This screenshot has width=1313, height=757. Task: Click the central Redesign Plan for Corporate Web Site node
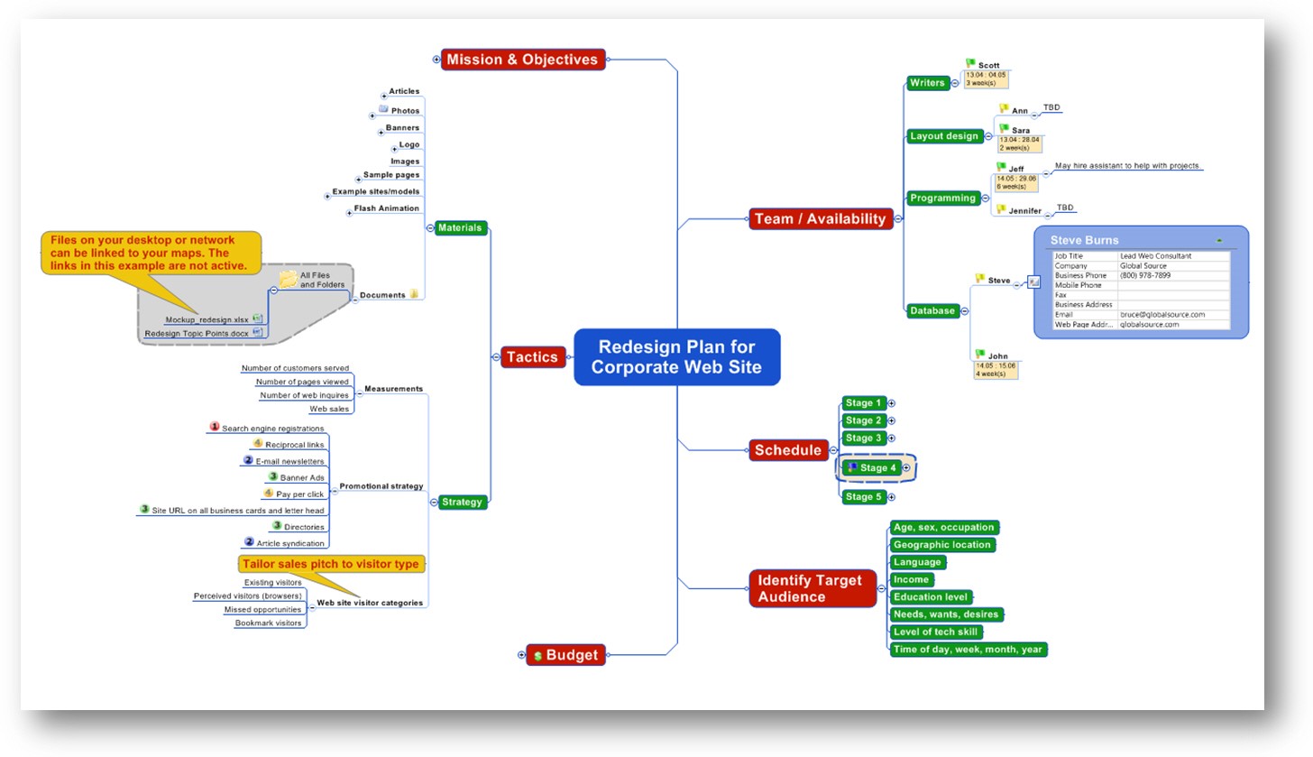[x=676, y=357]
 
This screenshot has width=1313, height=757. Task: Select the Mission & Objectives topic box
[x=523, y=60]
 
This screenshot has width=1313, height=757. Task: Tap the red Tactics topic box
[x=532, y=357]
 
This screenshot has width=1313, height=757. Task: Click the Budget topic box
[x=565, y=655]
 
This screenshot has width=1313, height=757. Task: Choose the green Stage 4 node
[x=873, y=468]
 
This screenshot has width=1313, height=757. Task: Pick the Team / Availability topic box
[x=821, y=218]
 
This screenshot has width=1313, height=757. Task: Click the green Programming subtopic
[x=942, y=198]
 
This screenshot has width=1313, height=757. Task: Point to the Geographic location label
[x=941, y=545]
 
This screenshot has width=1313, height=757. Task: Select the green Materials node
[x=460, y=228]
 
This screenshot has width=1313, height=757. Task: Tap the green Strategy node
[x=463, y=503]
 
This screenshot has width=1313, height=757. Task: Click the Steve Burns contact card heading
[x=1084, y=241]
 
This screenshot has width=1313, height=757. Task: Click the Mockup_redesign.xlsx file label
[x=207, y=319]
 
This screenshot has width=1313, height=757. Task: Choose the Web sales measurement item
[x=329, y=409]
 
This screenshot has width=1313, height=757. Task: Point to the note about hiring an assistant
[x=1127, y=166]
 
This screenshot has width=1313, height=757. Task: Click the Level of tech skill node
[x=935, y=632]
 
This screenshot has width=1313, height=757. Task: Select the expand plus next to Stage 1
[x=892, y=403]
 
